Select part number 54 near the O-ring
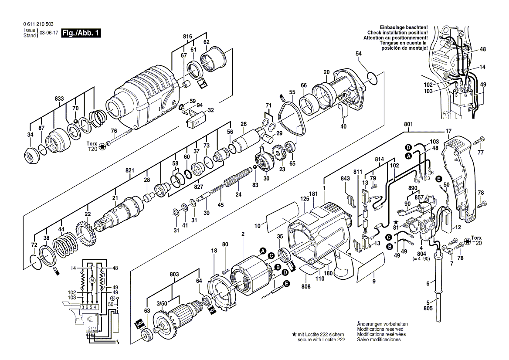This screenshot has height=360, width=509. point(359,53)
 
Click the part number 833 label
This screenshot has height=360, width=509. point(60,99)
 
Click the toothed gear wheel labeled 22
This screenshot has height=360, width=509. point(87,236)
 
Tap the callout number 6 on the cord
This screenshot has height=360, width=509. point(428,284)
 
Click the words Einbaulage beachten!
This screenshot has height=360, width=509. point(404,27)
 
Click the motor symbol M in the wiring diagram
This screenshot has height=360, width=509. point(92,280)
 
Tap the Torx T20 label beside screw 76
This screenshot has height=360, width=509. point(92,146)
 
